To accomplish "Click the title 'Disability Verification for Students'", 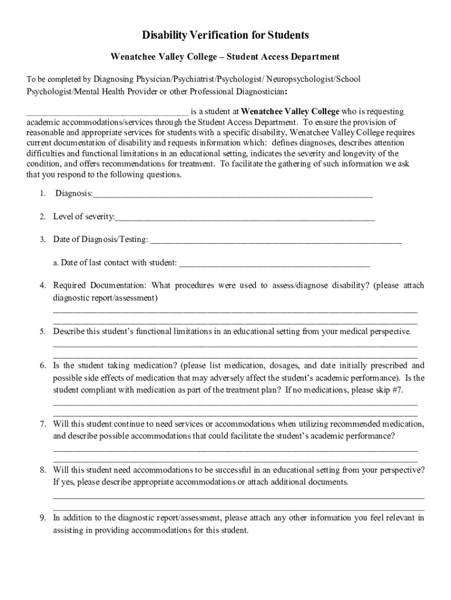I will point(225,36).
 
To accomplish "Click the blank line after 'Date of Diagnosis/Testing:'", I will point(276,240).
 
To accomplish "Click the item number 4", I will point(43,285).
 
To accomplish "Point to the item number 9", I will point(43,518).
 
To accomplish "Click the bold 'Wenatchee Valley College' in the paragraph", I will point(290,111).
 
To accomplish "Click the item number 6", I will point(43,365).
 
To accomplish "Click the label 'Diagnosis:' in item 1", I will point(74,194).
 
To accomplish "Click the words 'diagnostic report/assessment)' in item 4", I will point(105,298).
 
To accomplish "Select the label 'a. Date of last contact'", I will point(94,262).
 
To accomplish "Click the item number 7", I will point(43,424).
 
